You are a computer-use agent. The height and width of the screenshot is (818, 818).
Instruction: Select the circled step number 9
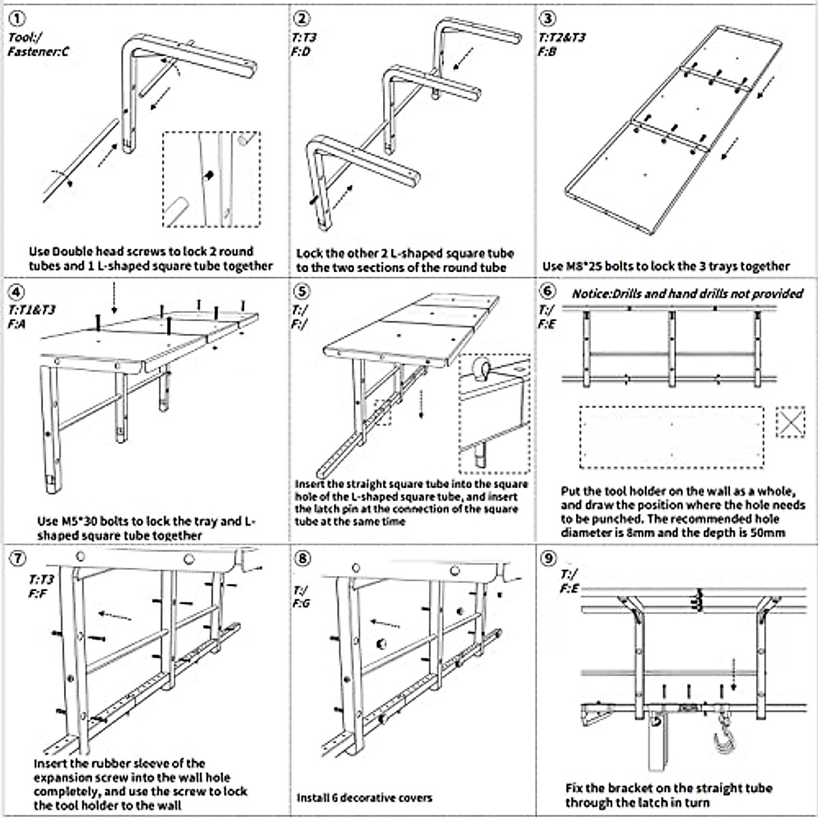pyautogui.click(x=547, y=559)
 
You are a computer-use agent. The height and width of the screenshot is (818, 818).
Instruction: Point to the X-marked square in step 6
pyautogui.click(x=791, y=423)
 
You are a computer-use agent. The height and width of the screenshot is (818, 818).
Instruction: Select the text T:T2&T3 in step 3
pyautogui.click(x=562, y=37)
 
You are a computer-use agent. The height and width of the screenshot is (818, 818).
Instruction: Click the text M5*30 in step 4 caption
pyautogui.click(x=83, y=521)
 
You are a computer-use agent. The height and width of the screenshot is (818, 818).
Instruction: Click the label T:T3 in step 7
pyautogui.click(x=41, y=580)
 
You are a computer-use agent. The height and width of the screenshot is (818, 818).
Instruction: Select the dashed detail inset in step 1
pyautogui.click(x=211, y=179)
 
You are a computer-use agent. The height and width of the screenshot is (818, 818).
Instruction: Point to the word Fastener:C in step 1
pyautogui.click(x=38, y=52)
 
